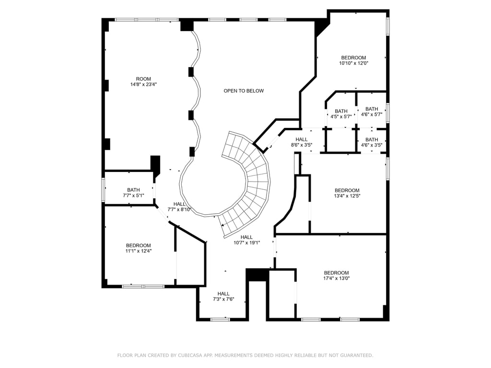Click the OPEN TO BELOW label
coord(244,91)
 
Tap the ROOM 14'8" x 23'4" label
coord(143,81)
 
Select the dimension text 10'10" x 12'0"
coord(353,63)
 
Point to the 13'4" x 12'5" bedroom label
coord(347,193)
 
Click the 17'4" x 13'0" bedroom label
coord(336,276)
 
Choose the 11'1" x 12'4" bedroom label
coord(139,248)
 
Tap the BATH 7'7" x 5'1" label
coord(133,193)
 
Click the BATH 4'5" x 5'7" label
coord(341,114)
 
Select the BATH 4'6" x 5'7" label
coord(372,112)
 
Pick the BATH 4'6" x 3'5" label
coord(372,142)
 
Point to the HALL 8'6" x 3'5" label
coord(302,142)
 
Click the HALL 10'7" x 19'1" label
coord(247,240)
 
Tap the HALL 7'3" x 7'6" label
coord(223,296)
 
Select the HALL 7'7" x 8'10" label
coord(179,207)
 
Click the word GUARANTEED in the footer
coord(357,356)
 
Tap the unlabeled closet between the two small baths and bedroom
coord(341,140)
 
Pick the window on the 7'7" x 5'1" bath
coord(103,189)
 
